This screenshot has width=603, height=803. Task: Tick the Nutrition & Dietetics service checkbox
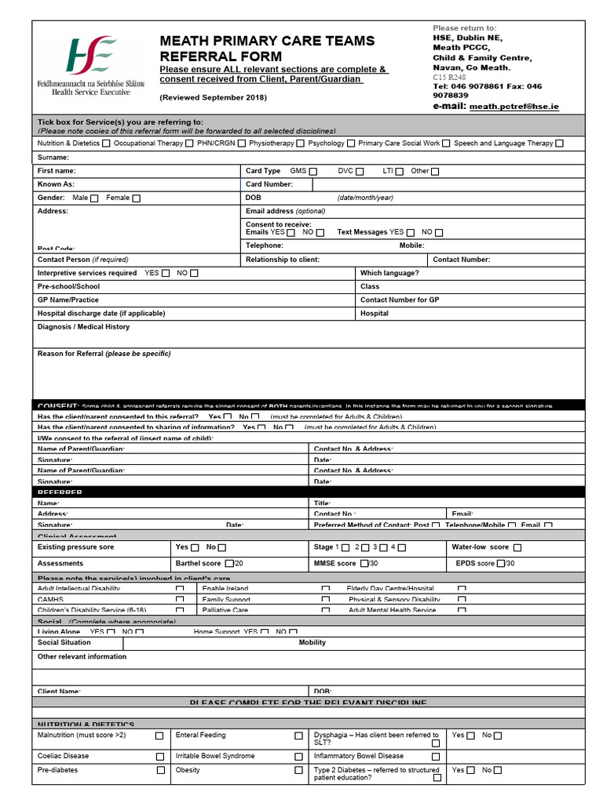click(x=107, y=144)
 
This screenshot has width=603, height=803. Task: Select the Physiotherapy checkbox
click(x=301, y=144)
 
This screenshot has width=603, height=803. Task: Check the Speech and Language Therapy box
click(x=559, y=144)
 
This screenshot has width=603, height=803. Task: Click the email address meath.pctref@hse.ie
click(x=514, y=107)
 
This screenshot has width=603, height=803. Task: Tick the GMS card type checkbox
click(x=313, y=171)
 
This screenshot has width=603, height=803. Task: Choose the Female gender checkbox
click(x=137, y=198)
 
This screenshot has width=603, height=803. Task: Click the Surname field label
click(x=53, y=158)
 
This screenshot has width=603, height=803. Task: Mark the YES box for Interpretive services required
click(x=166, y=274)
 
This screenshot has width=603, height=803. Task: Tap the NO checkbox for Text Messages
click(x=439, y=233)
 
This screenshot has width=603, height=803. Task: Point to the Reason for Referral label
click(x=104, y=354)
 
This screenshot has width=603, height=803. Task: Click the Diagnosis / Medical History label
click(x=83, y=327)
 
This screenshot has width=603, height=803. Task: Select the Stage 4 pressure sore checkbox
click(x=402, y=547)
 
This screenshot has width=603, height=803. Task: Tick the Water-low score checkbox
click(x=517, y=547)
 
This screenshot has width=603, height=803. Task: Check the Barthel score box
click(x=229, y=564)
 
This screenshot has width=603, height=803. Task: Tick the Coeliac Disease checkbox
click(x=160, y=757)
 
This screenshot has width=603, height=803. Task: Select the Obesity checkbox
click(x=298, y=771)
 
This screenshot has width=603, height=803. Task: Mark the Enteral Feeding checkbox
click(x=298, y=736)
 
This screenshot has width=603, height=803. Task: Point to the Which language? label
click(x=389, y=273)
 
